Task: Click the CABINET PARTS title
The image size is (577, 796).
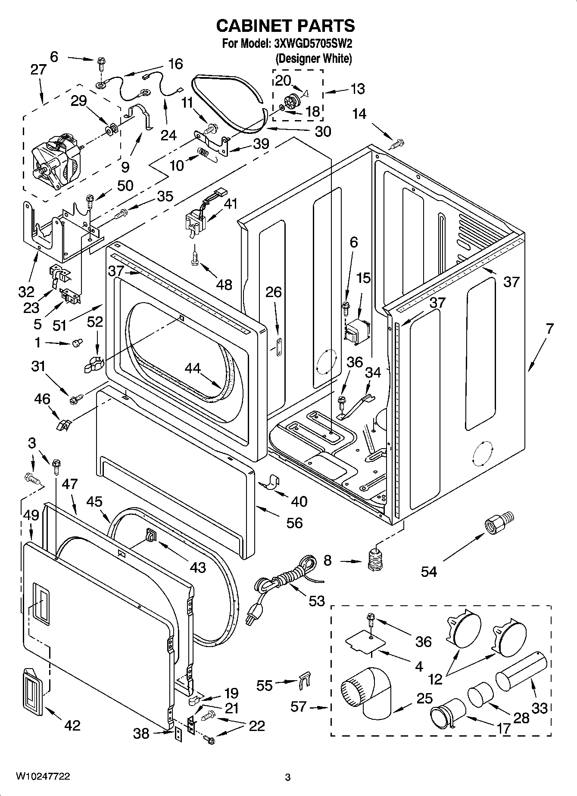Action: click(x=285, y=26)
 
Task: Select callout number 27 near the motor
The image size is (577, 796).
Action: click(x=38, y=69)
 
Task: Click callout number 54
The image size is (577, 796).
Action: click(x=429, y=572)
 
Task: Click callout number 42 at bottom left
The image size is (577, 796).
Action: click(x=72, y=725)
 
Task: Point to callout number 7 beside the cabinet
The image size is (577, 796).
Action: click(x=549, y=329)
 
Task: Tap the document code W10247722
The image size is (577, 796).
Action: click(x=43, y=777)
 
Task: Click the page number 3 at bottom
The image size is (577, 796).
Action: click(x=288, y=777)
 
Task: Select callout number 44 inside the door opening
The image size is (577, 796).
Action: click(x=193, y=368)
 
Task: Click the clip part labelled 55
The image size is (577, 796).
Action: click(x=305, y=681)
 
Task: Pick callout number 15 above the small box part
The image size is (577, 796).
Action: click(x=363, y=279)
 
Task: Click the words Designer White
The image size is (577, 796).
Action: click(x=313, y=59)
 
